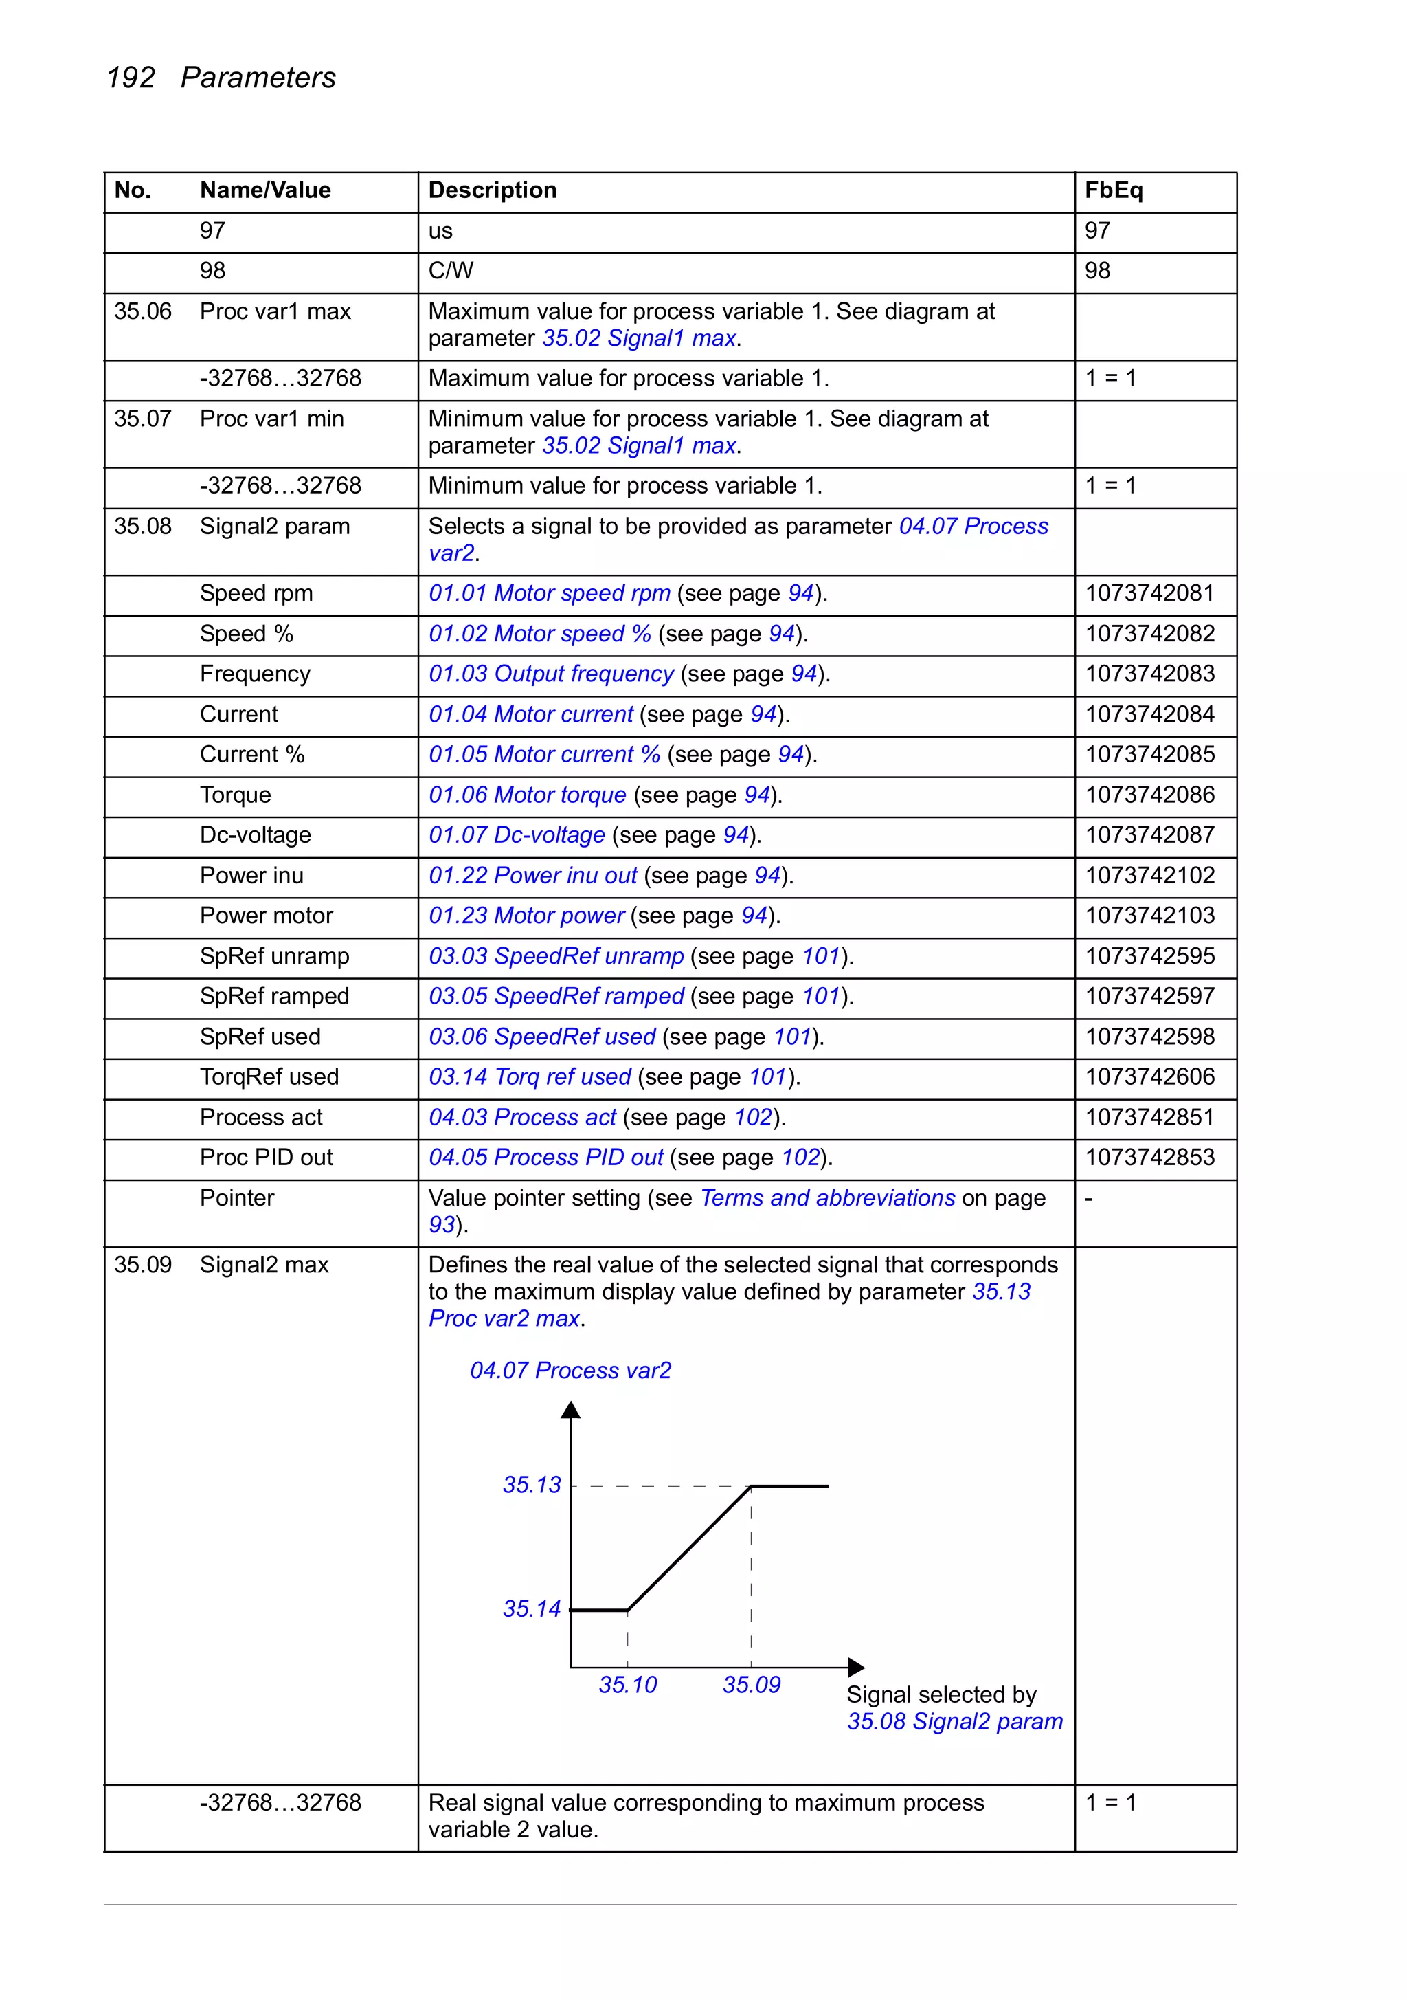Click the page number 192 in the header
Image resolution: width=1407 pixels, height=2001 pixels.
[x=130, y=78]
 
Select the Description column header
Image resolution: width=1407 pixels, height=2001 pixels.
[x=492, y=190]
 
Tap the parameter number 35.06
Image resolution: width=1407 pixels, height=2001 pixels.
[x=143, y=311]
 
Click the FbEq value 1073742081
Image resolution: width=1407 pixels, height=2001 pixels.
[x=1149, y=593]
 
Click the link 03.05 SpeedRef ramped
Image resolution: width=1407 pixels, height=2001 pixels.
[x=556, y=996]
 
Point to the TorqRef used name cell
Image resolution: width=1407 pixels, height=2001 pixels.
[x=269, y=1077]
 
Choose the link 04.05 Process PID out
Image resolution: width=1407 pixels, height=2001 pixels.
[x=545, y=1158]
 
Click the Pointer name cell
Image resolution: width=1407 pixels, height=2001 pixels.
[x=236, y=1198]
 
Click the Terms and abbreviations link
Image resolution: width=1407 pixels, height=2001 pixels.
[x=828, y=1198]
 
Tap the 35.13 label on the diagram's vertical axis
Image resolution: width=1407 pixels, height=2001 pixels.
[x=532, y=1485]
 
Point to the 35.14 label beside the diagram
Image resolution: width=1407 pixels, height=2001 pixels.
[x=532, y=1608]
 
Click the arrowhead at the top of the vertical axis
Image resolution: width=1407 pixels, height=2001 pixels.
[x=571, y=1410]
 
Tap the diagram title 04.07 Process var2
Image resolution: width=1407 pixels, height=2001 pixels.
[x=571, y=1371]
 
